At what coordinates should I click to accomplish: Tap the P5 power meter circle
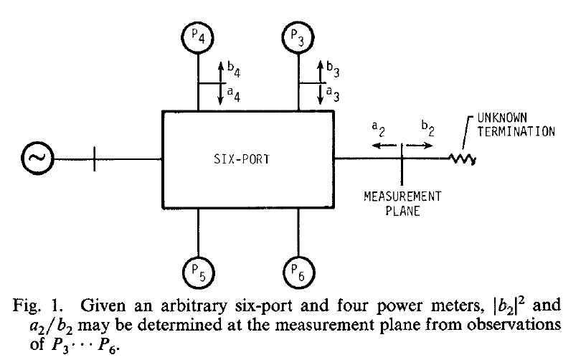click(198, 273)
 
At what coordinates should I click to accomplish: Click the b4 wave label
click(233, 70)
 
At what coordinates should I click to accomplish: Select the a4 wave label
click(233, 93)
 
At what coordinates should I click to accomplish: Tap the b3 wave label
click(332, 70)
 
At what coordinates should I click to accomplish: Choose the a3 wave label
click(332, 93)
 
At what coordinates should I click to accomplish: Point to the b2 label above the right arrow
click(426, 128)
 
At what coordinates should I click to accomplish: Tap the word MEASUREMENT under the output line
click(401, 196)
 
